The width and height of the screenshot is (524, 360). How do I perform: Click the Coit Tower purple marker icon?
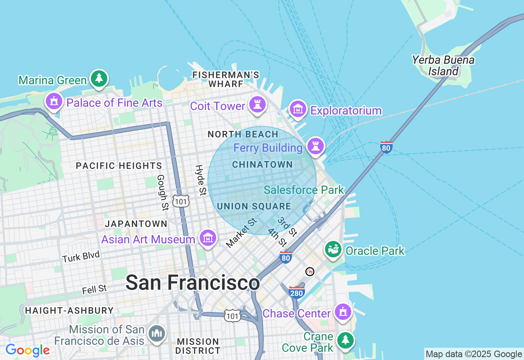(257, 105)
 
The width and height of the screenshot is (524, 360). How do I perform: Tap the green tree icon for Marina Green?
(98, 78)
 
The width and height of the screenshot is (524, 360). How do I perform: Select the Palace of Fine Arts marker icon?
(54, 101)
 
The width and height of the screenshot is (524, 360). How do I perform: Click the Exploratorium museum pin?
(298, 109)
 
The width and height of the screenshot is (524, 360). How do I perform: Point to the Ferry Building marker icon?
(315, 146)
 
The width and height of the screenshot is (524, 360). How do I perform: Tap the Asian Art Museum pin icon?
(208, 237)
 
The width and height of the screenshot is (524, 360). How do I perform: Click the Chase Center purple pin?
(343, 312)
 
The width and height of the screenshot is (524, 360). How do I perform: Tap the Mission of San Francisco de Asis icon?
(156, 334)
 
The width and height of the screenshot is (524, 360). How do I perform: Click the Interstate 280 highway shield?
(296, 292)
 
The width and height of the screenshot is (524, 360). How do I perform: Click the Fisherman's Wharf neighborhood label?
(226, 79)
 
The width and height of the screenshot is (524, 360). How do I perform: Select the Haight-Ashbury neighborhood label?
(69, 310)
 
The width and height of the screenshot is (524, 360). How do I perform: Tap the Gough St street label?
(163, 192)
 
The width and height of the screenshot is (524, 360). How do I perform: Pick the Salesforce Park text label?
(304, 190)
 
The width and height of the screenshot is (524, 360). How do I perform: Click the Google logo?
(27, 351)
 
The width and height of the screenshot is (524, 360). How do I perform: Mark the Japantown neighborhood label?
(136, 224)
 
